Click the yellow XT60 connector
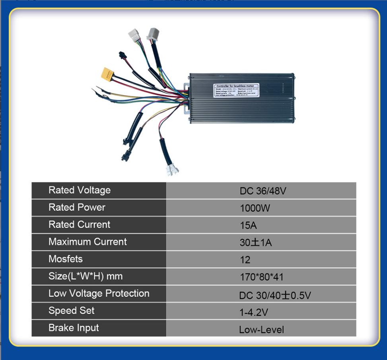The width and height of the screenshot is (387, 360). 108,73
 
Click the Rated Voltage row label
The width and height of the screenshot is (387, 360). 80,190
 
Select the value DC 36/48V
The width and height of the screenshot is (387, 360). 263,191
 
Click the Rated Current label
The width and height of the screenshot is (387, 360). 79,225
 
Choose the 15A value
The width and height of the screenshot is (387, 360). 248,225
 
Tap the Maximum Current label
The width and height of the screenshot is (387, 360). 88,242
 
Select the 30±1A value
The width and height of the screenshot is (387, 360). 255,243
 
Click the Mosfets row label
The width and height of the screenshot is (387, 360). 66,259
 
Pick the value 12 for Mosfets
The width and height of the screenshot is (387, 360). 245,260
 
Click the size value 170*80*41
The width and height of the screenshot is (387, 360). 261,277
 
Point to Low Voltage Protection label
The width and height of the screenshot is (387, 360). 99,293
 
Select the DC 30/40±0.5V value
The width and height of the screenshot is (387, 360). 275,295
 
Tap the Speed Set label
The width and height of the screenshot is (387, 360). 72,311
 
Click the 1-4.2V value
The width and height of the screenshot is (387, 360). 254,313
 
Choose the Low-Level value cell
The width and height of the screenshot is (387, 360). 261,330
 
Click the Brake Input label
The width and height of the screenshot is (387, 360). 74,328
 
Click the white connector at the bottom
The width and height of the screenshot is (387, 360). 172,170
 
